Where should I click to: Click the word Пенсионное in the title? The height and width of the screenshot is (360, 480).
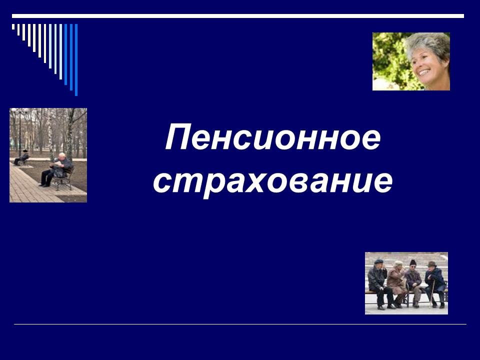coord(273,139)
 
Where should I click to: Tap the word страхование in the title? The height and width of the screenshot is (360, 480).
coord(272,182)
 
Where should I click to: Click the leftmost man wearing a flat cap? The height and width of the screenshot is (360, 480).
coord(378,280)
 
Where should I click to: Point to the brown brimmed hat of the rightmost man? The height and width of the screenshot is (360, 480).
coord(431,264)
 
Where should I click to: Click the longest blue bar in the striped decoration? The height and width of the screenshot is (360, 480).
coord(76,60)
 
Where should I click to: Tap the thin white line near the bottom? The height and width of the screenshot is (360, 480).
coord(240,324)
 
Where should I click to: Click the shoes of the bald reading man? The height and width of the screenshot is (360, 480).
coord(43,184)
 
